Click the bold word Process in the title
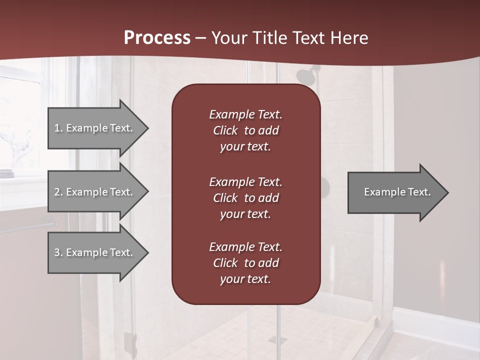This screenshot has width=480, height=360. tap(157, 38)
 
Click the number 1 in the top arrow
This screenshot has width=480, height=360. tap(57, 128)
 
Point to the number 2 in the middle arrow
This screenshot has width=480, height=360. tap(57, 192)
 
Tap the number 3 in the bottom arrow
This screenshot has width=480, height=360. tap(57, 252)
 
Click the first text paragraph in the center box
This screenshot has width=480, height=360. tap(245, 130)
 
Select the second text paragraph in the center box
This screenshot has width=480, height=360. tap(245, 198)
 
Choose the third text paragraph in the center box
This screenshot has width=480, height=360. tap(245, 263)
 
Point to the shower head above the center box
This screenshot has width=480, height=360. tap(304, 76)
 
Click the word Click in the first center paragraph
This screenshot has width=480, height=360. tap(225, 130)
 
